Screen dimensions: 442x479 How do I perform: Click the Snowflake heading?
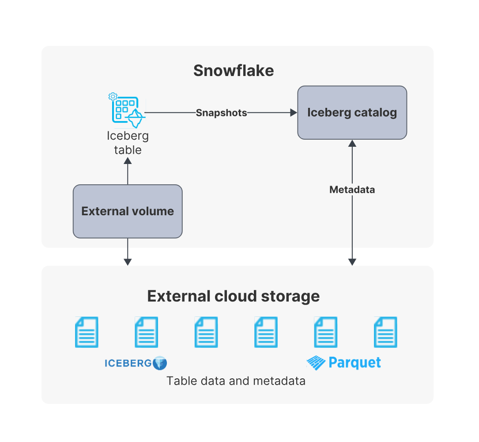pos(234,71)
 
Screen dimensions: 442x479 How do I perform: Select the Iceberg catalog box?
pos(352,113)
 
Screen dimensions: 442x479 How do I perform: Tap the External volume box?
pos(128,211)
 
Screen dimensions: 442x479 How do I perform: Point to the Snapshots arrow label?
pos(221,113)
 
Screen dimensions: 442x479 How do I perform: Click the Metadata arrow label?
pos(352,190)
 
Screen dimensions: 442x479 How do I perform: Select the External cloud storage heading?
pos(233,296)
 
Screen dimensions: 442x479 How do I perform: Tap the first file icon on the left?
pos(87,332)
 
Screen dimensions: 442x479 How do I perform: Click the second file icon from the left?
pos(146,332)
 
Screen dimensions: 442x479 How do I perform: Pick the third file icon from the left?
pos(206,332)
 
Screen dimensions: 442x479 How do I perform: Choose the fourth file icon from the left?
pos(266,332)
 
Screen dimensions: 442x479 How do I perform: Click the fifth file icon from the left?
pos(325,332)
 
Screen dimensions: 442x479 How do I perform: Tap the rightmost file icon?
pos(385,332)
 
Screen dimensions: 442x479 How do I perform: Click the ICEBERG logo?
pos(136,363)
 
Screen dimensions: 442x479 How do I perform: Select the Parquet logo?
pos(344,363)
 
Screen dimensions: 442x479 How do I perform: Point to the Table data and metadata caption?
pos(236,381)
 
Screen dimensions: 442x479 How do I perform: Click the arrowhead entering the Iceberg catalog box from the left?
pos(294,113)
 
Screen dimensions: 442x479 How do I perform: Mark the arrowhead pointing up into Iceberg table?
pos(128,162)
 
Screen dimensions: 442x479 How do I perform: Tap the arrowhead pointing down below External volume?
pos(128,262)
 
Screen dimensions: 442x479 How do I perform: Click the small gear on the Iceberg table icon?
pos(113,96)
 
